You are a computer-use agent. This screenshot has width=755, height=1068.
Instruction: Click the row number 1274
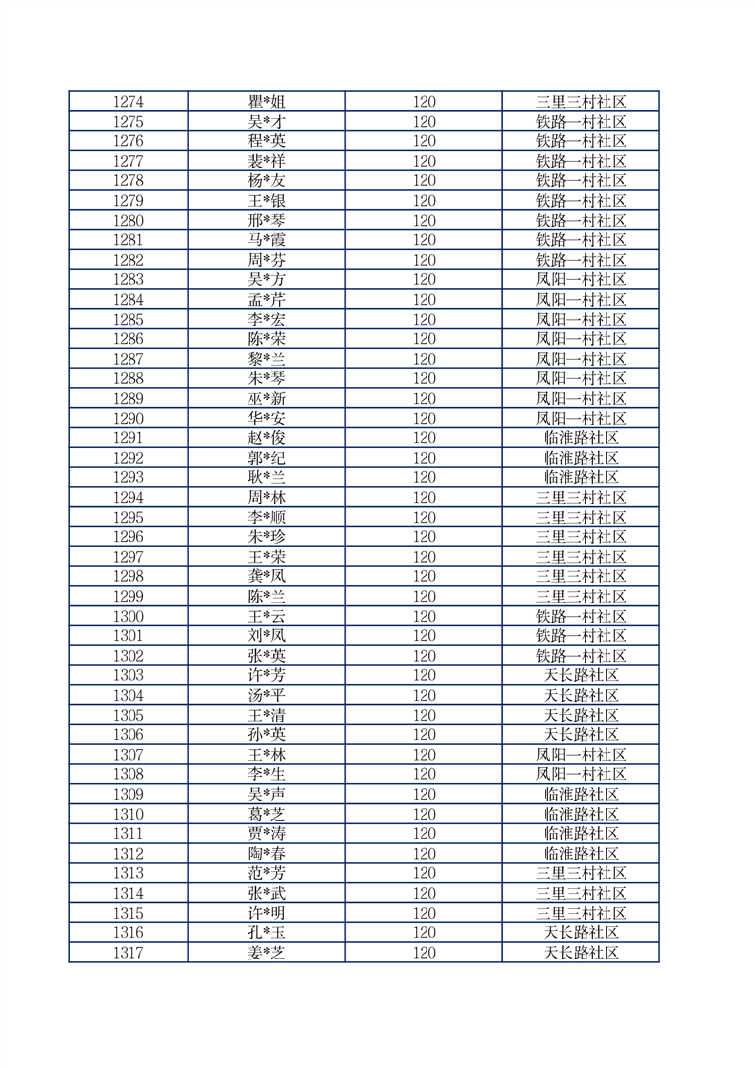(x=128, y=102)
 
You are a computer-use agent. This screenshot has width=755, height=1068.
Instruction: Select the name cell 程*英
(x=266, y=141)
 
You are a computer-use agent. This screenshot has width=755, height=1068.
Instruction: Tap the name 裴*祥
(x=266, y=161)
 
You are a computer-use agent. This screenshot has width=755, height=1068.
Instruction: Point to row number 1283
(x=128, y=280)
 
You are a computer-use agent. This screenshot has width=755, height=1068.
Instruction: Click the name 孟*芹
(x=266, y=300)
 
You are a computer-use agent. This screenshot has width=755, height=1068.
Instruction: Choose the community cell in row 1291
(x=581, y=438)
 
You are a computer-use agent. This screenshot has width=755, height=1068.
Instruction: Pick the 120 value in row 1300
(x=424, y=617)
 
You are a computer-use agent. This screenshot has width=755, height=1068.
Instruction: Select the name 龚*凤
(x=266, y=577)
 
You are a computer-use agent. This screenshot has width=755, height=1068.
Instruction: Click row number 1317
(x=128, y=953)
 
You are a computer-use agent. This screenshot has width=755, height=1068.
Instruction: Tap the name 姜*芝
(x=266, y=953)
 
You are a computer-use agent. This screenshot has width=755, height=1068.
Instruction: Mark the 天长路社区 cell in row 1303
(x=581, y=676)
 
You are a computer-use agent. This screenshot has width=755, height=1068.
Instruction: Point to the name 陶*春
(x=266, y=854)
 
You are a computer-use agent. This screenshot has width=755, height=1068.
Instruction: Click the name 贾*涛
(x=266, y=834)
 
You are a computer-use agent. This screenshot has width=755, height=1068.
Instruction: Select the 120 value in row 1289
(x=424, y=399)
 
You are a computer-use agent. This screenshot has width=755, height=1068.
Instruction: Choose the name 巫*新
(x=266, y=399)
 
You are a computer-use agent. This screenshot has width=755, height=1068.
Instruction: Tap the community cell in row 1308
(x=581, y=775)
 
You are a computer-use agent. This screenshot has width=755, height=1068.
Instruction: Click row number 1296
(x=128, y=537)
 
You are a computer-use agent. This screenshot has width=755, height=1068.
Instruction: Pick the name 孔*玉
(x=266, y=933)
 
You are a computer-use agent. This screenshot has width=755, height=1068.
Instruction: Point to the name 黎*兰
(x=266, y=359)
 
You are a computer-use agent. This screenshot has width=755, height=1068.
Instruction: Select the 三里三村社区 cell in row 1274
(x=581, y=102)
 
